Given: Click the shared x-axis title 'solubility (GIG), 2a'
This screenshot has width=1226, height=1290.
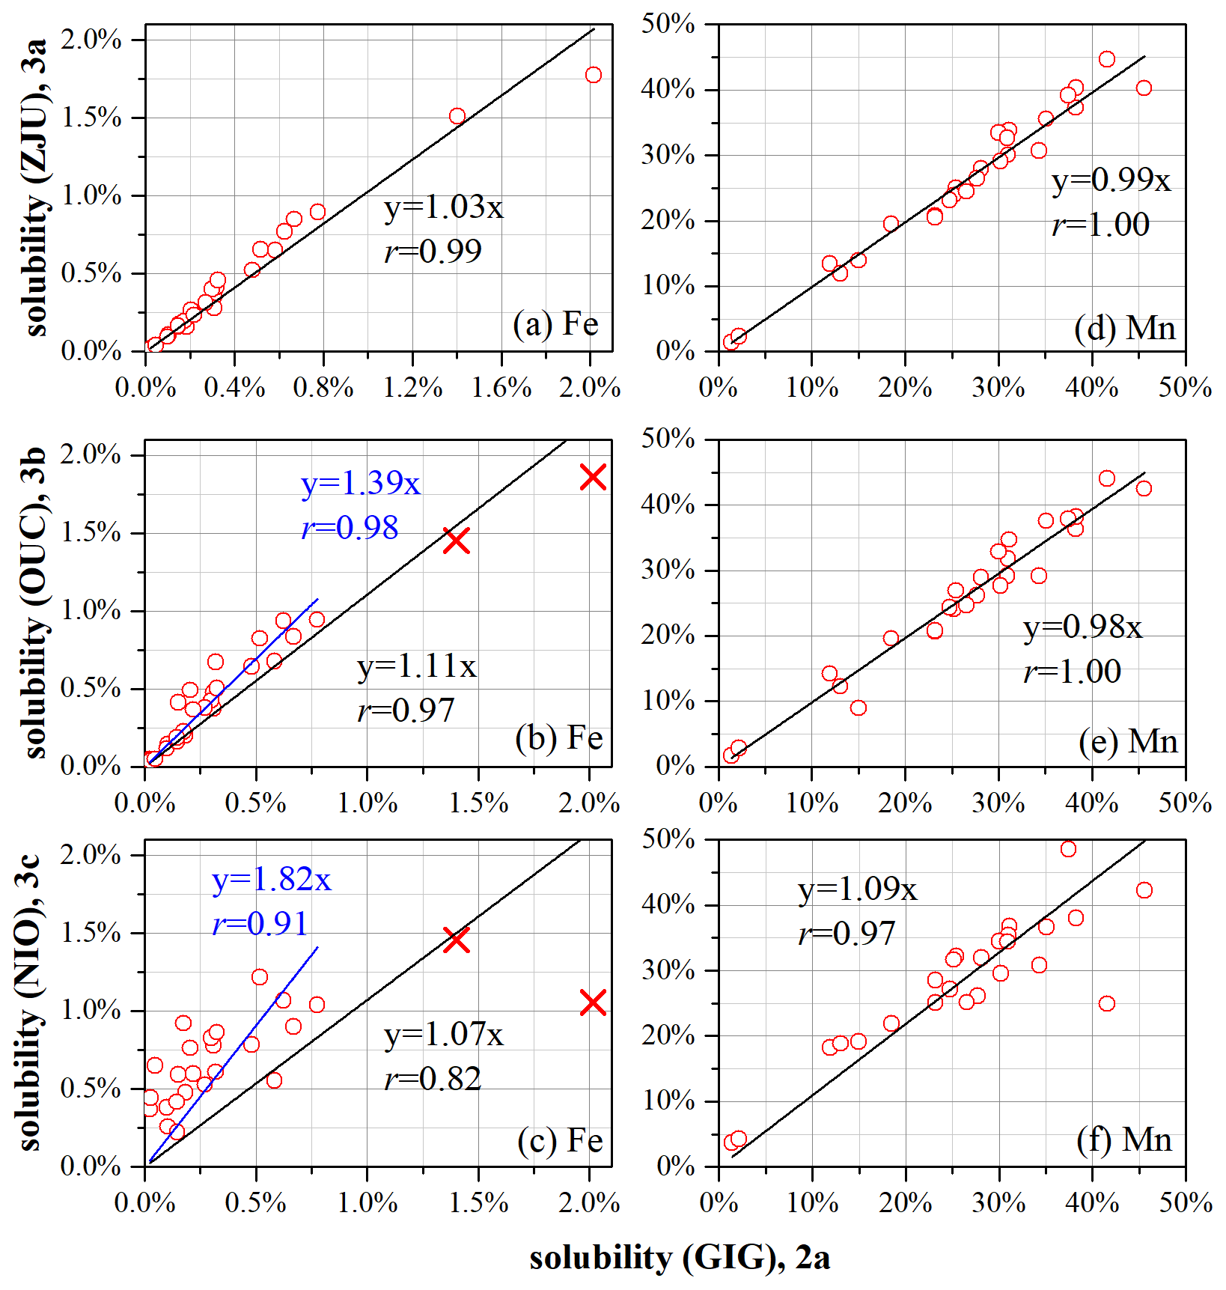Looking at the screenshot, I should point(680,1259).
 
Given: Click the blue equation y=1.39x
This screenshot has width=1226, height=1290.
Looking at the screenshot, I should point(361,484).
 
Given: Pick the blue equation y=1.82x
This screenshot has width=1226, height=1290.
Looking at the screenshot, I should point(272,880).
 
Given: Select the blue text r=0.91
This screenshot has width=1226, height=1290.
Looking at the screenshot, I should point(260,924).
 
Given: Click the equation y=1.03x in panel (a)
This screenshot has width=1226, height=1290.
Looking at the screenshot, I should point(444,207).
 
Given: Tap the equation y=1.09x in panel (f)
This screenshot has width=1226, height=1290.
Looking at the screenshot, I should point(857,889).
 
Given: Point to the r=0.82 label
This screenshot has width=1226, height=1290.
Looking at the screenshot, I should point(433,1079).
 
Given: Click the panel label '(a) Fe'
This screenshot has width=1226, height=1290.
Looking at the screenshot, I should point(555,324).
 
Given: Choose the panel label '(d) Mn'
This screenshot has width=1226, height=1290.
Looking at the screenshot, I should point(1124,328).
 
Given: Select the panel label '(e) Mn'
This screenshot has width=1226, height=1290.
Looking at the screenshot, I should point(1128,742).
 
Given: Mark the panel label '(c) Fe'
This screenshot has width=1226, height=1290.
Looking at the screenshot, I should point(560,1140).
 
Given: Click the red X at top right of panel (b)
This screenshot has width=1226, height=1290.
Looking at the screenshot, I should point(593,477).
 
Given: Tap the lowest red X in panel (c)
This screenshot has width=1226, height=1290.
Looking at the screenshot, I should point(593,1003).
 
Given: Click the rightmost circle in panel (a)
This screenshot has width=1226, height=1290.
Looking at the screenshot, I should point(594,75).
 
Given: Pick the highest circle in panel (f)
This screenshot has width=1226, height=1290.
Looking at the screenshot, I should point(1068,849).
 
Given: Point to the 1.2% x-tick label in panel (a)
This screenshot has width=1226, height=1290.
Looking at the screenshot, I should point(412,387).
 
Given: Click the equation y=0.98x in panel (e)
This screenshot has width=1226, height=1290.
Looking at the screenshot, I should point(1082,627).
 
